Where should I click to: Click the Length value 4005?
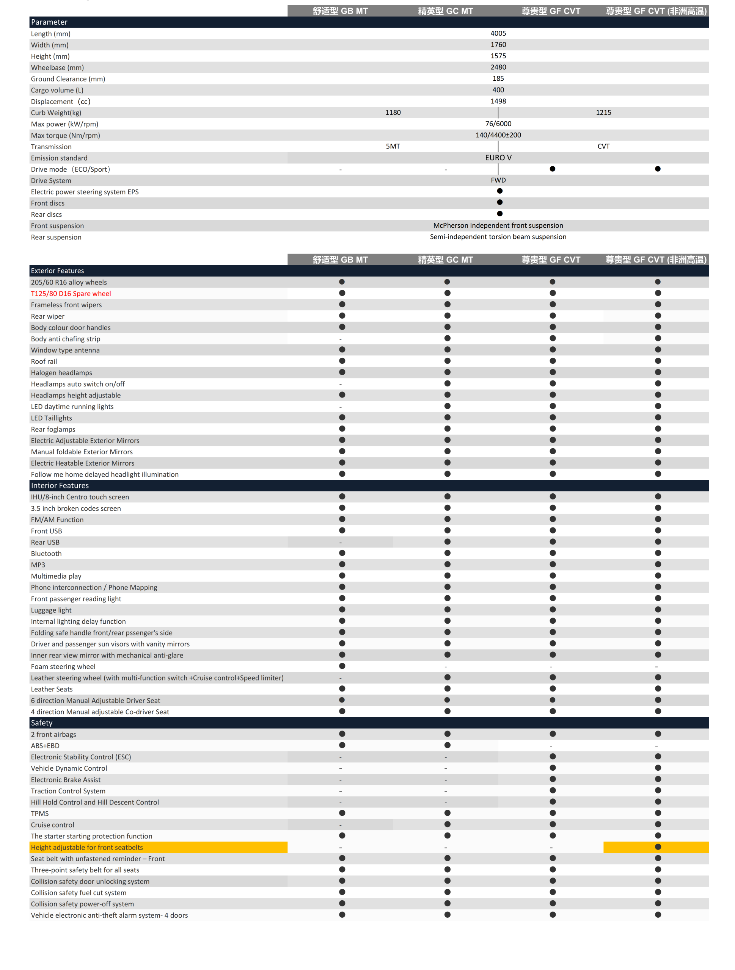(x=498, y=33)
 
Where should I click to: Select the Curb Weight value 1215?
(x=603, y=113)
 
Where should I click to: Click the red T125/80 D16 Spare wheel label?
(x=71, y=294)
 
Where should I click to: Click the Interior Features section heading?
(x=60, y=485)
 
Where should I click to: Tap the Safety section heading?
(x=41, y=723)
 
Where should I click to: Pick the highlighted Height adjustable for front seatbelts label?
(x=87, y=847)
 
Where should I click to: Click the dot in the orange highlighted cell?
(x=657, y=847)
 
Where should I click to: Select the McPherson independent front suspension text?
(x=498, y=225)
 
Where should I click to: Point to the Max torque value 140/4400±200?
(x=498, y=135)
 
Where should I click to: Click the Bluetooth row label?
(x=46, y=554)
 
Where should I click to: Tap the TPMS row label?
(x=39, y=814)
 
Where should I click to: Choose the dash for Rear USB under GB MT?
(x=340, y=543)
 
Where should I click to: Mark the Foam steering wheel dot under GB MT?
(x=342, y=666)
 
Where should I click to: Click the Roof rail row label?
(x=44, y=361)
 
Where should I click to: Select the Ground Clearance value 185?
(x=498, y=78)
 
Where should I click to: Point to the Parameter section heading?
(x=49, y=22)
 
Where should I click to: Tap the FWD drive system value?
(x=498, y=180)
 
